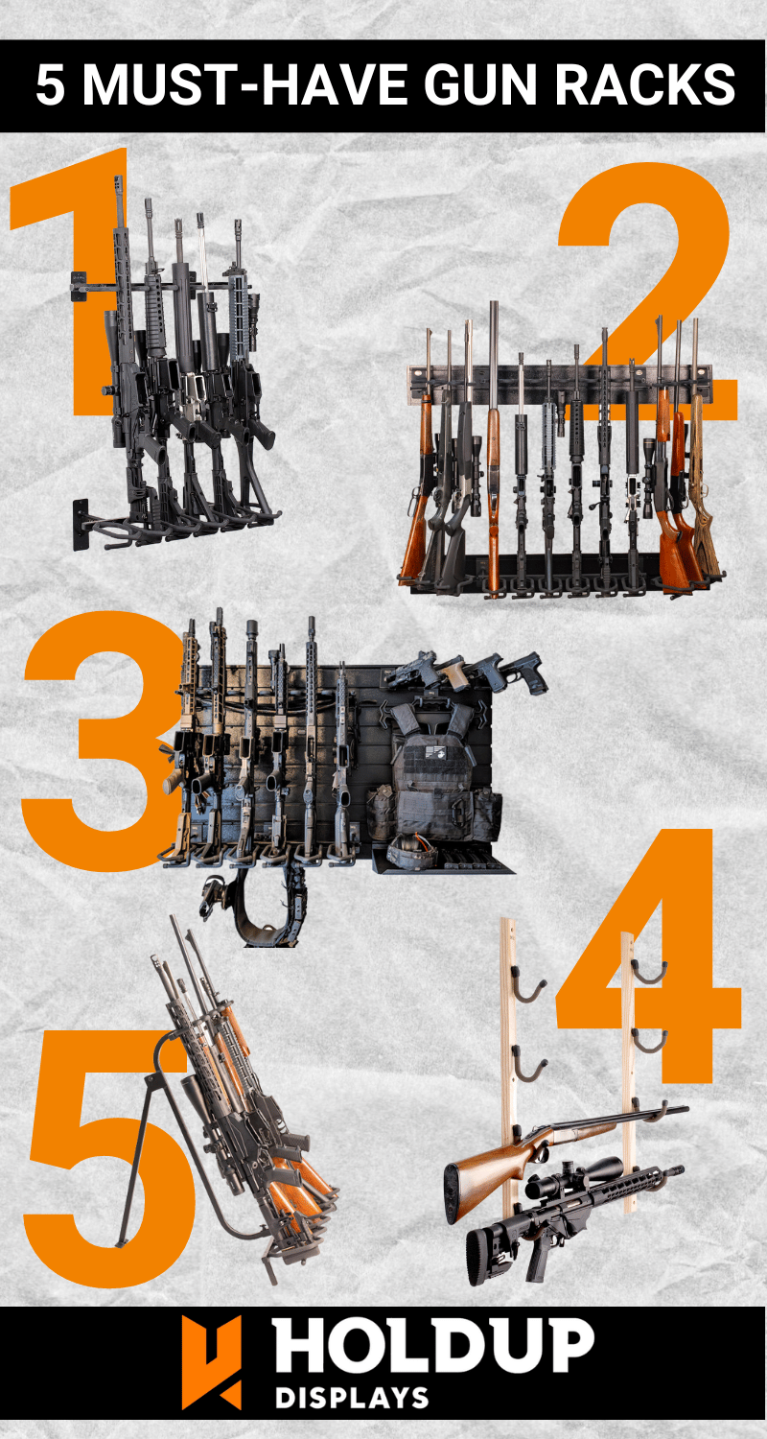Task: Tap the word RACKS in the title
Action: [644, 84]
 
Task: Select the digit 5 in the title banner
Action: [50, 84]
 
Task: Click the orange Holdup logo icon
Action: [211, 1362]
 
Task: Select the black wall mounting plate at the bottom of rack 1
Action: [81, 525]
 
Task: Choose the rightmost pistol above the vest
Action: [523, 672]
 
